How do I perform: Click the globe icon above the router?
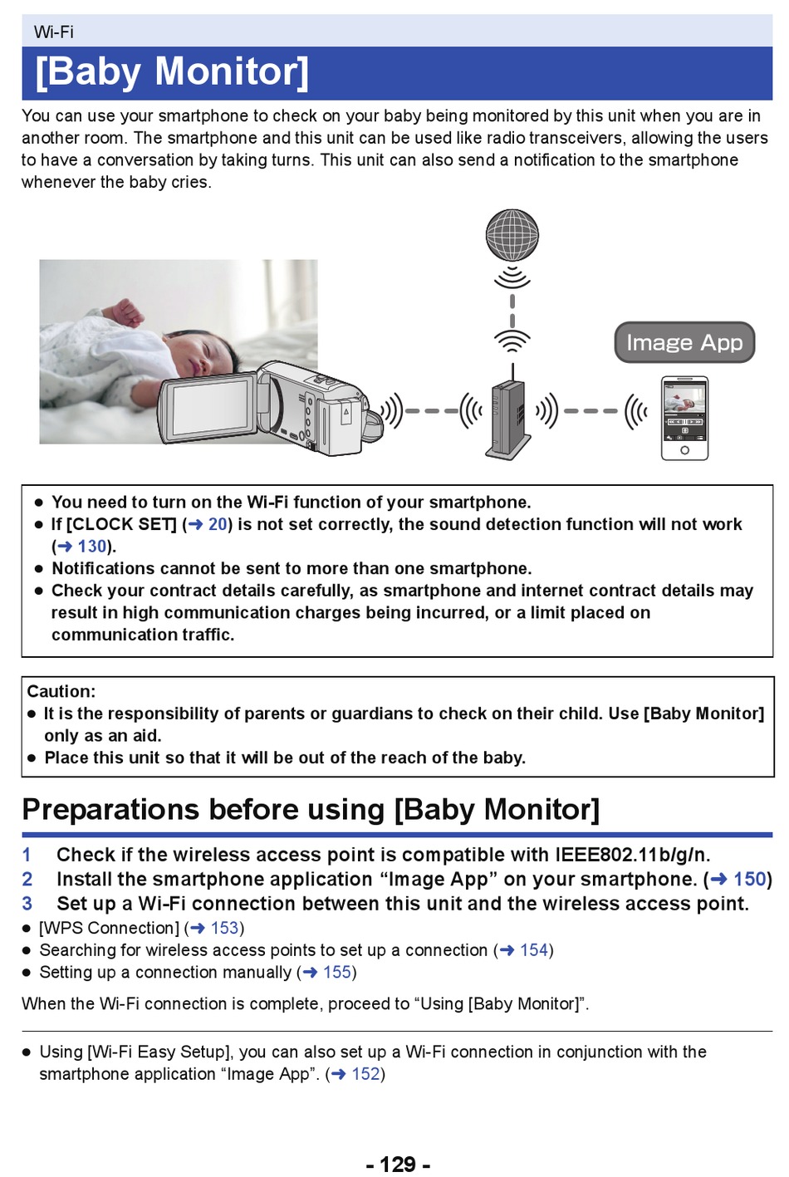(x=512, y=235)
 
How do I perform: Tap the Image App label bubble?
(x=684, y=342)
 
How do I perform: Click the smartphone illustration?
(x=684, y=419)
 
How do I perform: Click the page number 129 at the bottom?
(x=398, y=1164)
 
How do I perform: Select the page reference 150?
(x=749, y=879)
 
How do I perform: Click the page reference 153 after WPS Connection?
(x=224, y=928)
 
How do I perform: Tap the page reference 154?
(x=534, y=949)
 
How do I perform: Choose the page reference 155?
(x=336, y=972)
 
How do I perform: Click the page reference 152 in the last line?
(x=365, y=1073)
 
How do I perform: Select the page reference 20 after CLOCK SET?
(x=218, y=524)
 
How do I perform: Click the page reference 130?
(x=92, y=546)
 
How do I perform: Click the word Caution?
(x=61, y=691)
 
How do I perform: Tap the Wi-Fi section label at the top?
(x=54, y=32)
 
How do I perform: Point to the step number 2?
(x=27, y=879)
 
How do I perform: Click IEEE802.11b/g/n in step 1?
(x=633, y=855)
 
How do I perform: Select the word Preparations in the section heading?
(x=110, y=810)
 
